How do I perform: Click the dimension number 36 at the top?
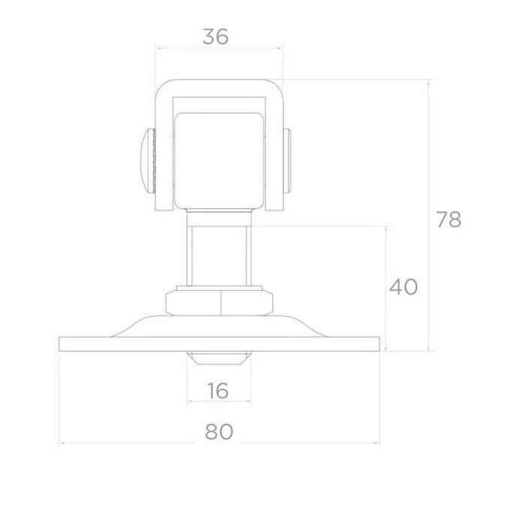pos(216,36)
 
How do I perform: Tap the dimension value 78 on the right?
pos(449,219)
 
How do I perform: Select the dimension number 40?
pos(404,287)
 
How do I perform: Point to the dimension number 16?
pos(218,391)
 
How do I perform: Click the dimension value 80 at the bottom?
pos(219,431)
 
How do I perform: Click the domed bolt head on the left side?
pos(148,161)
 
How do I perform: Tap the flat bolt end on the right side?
pos(287,161)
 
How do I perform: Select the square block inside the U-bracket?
pos(219,161)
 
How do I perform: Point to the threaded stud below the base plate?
pos(219,358)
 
